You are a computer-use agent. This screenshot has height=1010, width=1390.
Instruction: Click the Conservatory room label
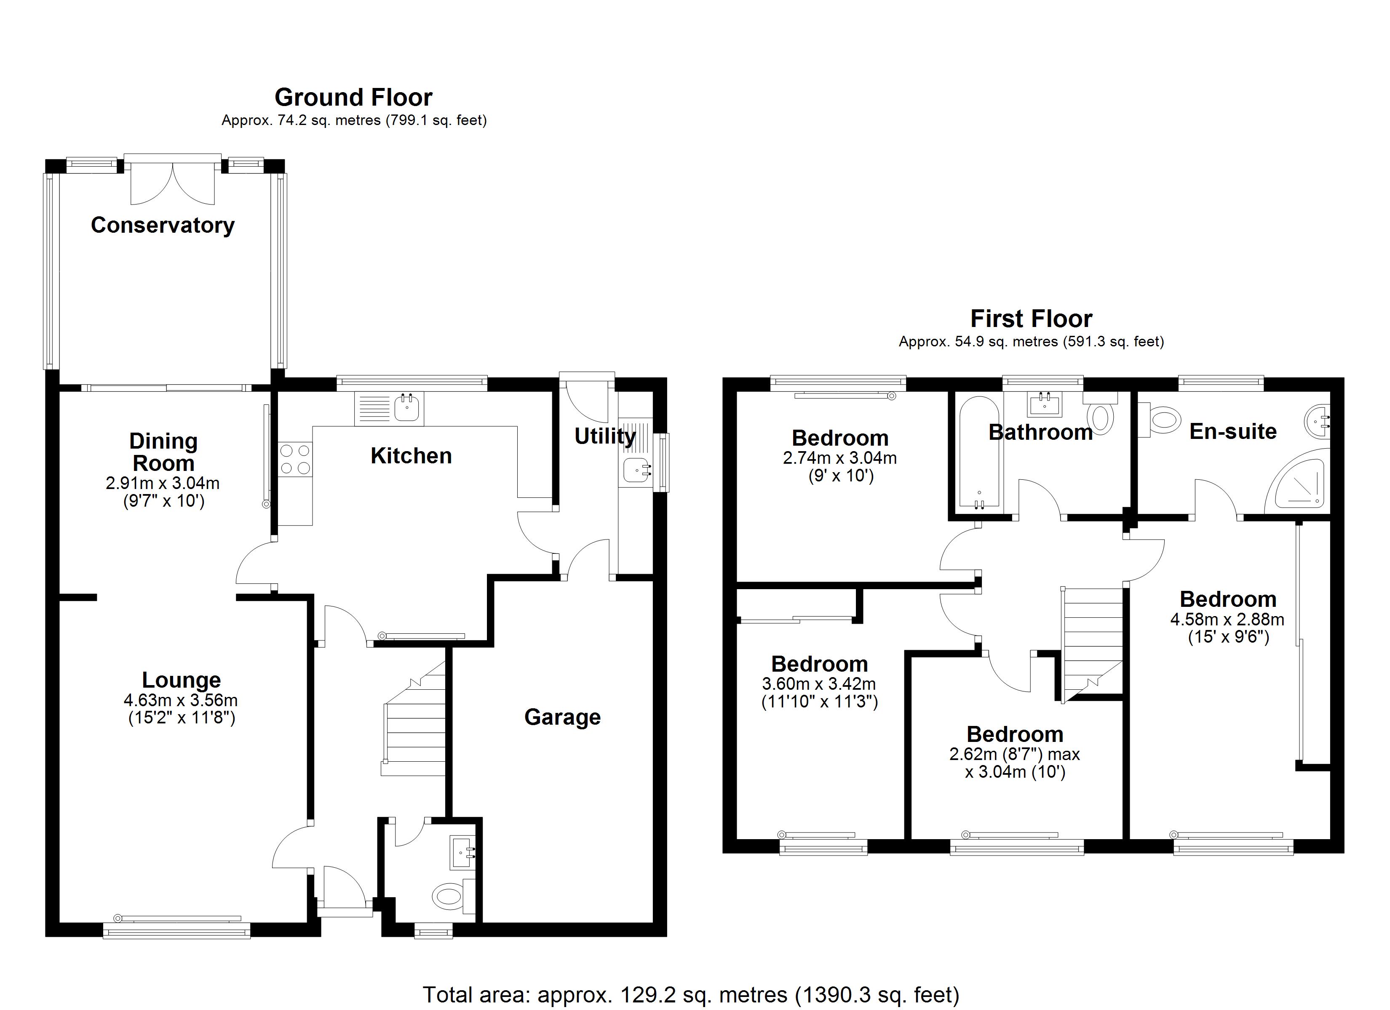(163, 226)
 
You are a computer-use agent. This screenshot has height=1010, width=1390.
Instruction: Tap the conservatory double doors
(173, 183)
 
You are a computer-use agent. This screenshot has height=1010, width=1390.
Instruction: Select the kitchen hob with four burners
(295, 460)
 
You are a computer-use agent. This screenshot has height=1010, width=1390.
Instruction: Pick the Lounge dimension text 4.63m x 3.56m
(181, 700)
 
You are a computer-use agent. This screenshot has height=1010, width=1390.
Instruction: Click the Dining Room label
(163, 452)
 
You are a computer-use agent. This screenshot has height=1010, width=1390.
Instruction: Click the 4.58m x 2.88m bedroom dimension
(1227, 619)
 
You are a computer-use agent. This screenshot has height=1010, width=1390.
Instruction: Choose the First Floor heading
(1032, 319)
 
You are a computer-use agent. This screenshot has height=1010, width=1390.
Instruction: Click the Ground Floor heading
(354, 97)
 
